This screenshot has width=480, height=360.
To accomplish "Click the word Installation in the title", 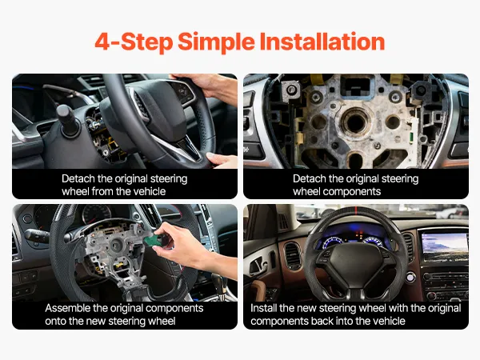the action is pyautogui.click(x=322, y=42).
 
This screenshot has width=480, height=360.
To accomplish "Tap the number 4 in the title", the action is pyautogui.click(x=102, y=42).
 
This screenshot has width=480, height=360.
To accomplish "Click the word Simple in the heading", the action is pyautogui.click(x=216, y=42).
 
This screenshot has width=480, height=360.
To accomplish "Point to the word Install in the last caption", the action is pyautogui.click(x=263, y=308).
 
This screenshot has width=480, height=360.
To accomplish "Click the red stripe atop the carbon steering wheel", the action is pyautogui.click(x=356, y=210).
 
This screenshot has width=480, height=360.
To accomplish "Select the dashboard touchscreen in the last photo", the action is pyautogui.click(x=445, y=246).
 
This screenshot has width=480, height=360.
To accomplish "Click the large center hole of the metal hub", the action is pyautogui.click(x=355, y=122).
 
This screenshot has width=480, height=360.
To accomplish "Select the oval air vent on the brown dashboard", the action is pyautogui.click(x=292, y=256).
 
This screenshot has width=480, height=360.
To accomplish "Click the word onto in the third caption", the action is pyautogui.click(x=55, y=322).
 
